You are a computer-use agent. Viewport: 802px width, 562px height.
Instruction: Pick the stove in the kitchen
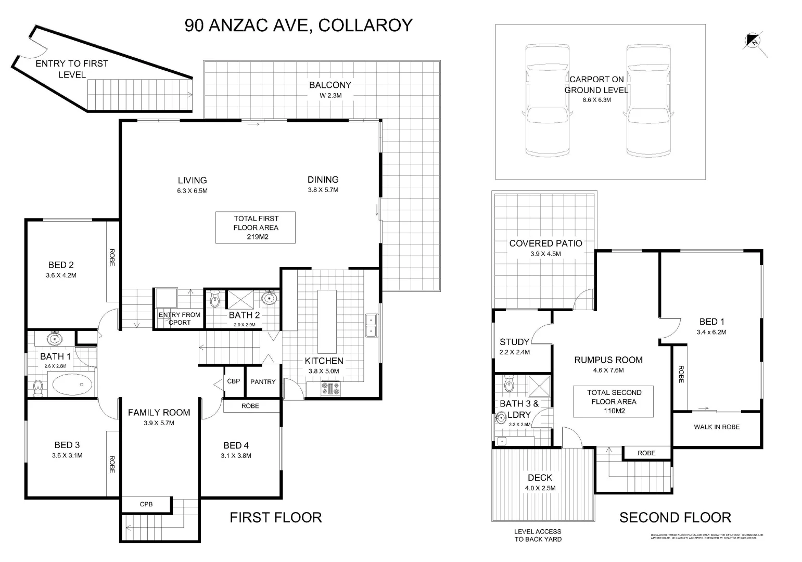330,388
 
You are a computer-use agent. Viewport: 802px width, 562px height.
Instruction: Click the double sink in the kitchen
371,326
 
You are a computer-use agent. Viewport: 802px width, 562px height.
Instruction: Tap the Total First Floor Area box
256,227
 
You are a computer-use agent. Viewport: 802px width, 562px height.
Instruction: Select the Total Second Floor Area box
614,401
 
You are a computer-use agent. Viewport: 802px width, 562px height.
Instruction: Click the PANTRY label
263,382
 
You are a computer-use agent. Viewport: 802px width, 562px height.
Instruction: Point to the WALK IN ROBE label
716,427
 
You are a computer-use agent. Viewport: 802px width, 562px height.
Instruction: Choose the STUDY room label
514,342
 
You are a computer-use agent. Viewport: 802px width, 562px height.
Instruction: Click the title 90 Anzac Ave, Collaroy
298,25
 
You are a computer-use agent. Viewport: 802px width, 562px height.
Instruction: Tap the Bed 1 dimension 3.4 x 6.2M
711,332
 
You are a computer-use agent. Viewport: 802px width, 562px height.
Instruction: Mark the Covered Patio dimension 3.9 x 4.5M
545,254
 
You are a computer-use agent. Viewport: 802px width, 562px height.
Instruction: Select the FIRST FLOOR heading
276,517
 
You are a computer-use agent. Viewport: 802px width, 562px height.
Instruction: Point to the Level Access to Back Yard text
538,535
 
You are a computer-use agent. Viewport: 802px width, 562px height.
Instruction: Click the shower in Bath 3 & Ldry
538,386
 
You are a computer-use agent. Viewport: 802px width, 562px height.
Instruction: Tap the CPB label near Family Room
146,504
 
